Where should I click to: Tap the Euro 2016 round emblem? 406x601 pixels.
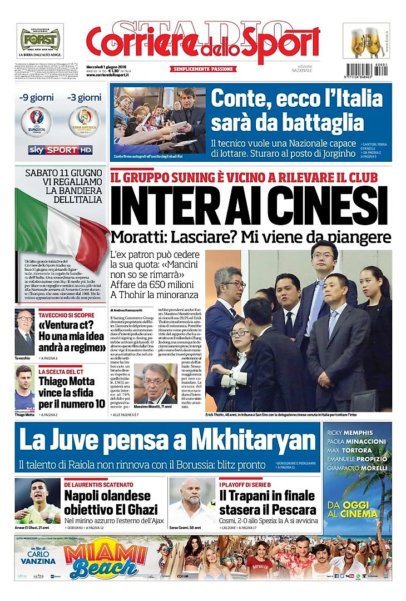tap(36, 122)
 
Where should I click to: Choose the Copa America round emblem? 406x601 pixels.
tap(84, 122)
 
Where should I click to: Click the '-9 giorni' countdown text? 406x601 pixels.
tap(36, 98)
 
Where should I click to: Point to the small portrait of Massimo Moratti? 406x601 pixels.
tap(155, 384)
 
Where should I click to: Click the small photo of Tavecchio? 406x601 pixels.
tap(24, 332)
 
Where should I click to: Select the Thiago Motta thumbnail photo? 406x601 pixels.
tap(24, 388)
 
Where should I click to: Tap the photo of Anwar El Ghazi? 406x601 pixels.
tap(37, 500)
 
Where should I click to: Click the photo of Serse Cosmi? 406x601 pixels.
tap(192, 500)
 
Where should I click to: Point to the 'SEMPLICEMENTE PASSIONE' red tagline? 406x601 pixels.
tap(204, 69)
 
